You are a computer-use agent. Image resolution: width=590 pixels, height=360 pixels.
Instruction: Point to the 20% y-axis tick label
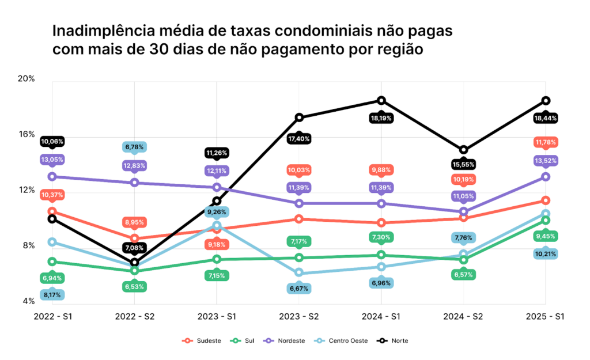coord(27,79)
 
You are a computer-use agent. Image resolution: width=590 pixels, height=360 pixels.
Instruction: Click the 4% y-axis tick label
coord(28,301)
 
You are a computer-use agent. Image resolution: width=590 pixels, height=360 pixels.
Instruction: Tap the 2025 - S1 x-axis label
coord(546,317)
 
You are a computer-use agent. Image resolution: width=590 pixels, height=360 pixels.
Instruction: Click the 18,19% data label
coord(381,118)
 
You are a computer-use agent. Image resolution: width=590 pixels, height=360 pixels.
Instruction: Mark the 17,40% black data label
coord(298,139)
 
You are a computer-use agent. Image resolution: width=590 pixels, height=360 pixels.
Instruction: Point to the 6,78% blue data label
coord(134,147)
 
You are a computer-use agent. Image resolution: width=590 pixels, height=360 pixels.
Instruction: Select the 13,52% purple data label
coord(546,160)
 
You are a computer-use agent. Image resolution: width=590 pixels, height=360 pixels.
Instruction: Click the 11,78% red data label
coord(546,142)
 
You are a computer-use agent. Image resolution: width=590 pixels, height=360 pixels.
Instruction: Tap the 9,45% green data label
coord(546,236)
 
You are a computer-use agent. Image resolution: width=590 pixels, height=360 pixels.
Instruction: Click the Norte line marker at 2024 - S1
coord(381,101)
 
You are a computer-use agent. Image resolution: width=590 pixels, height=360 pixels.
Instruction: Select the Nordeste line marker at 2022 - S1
coord(52,176)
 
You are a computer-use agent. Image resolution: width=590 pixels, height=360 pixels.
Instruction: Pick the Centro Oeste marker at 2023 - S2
coord(298,273)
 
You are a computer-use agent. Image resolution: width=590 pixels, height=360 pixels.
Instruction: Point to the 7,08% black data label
coord(134,248)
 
